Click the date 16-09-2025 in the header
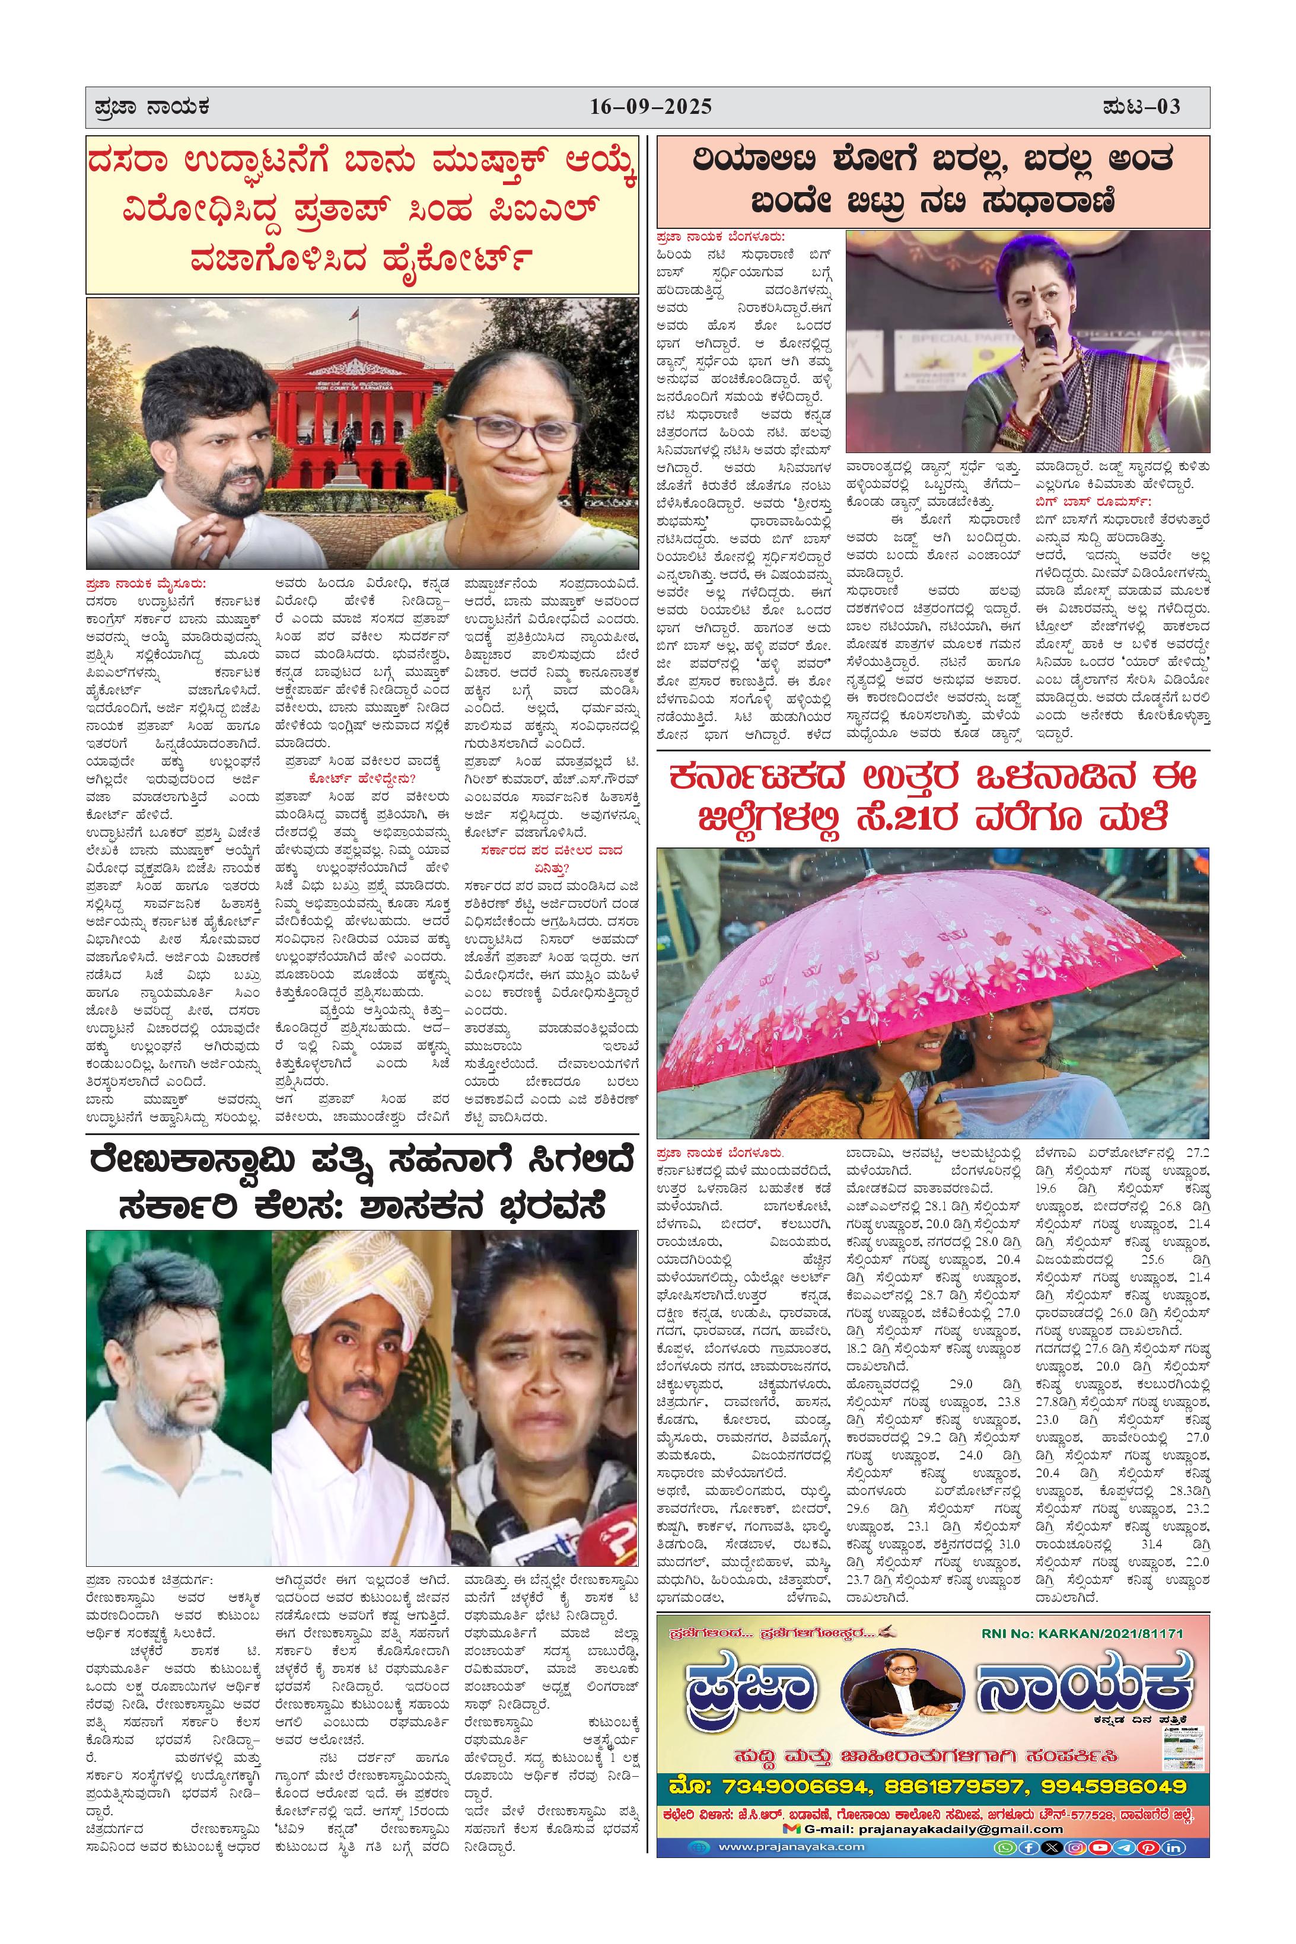tap(651, 107)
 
